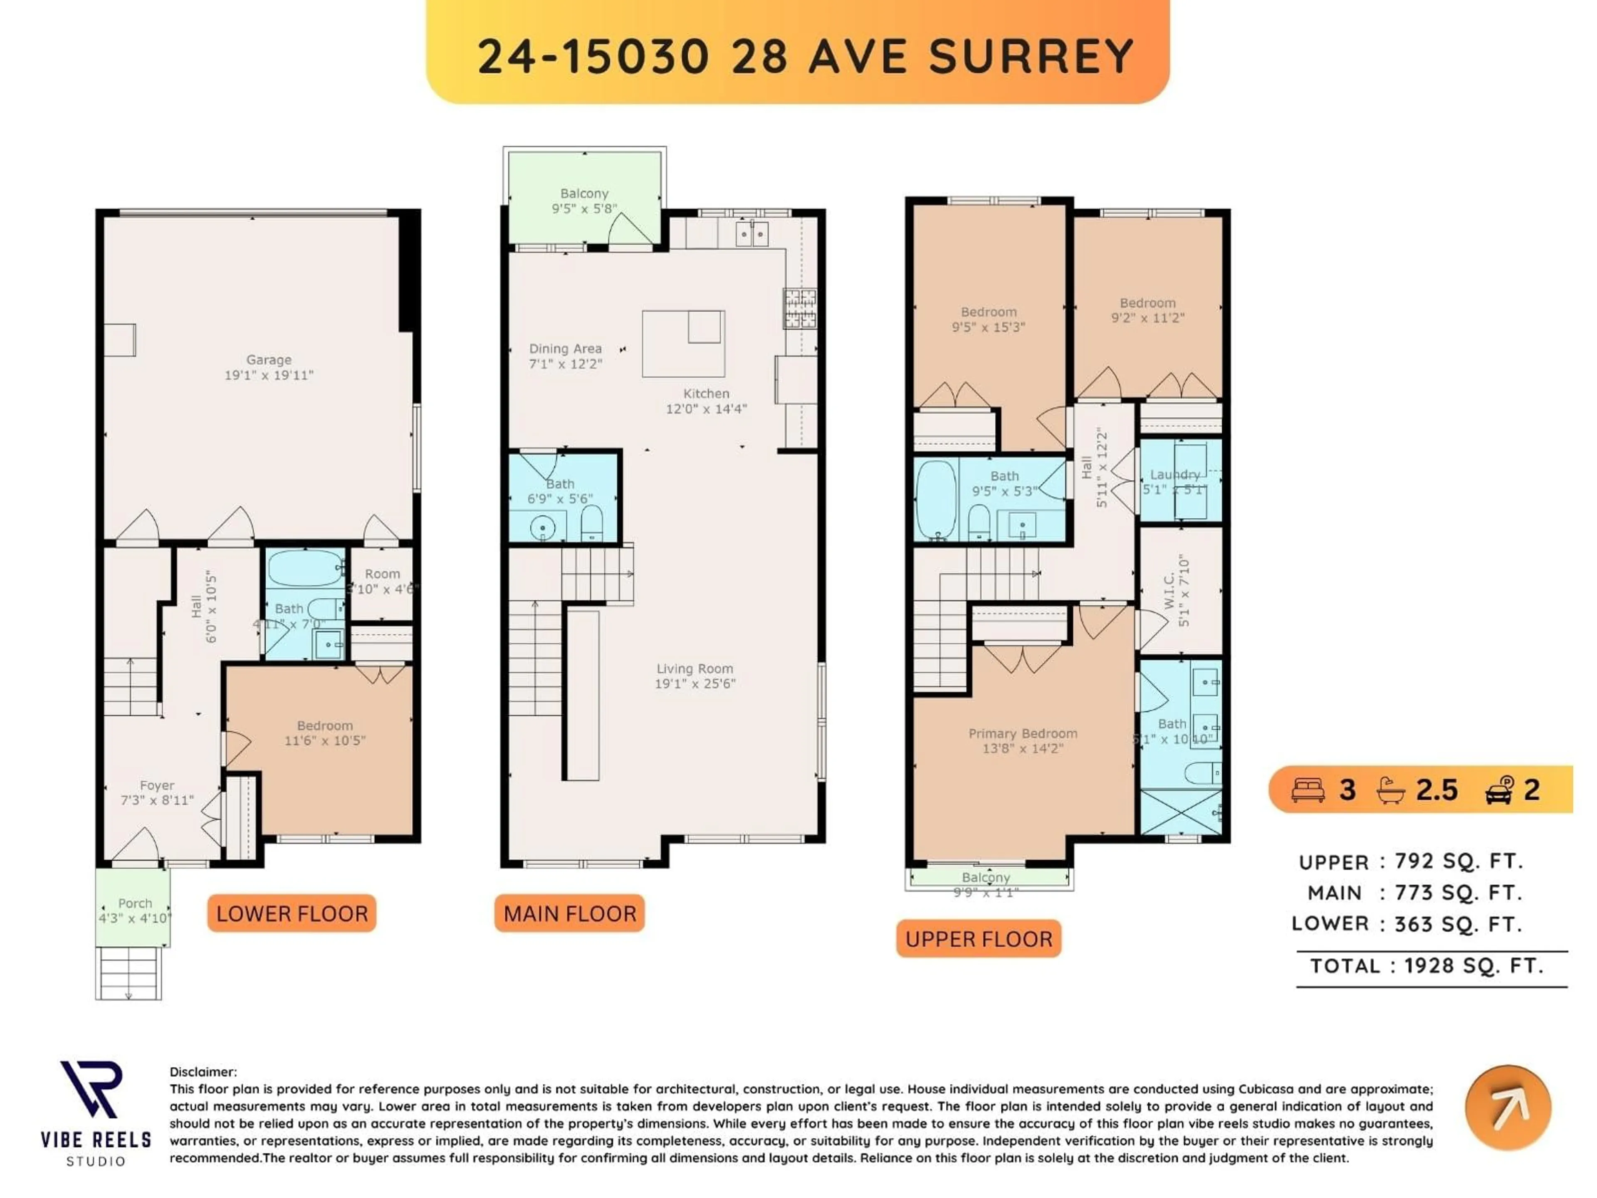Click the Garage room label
click(x=269, y=360)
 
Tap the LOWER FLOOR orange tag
click(x=292, y=913)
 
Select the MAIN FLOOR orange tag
click(x=570, y=913)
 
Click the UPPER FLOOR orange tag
click(x=978, y=939)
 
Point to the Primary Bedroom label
click(x=1022, y=733)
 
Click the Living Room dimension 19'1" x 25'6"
click(x=695, y=683)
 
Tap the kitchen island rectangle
click(x=683, y=344)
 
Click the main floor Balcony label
click(x=584, y=193)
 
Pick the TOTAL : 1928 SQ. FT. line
click(x=1426, y=965)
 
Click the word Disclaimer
click(x=203, y=1072)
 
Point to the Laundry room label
click(x=1174, y=475)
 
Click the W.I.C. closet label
click(x=1169, y=591)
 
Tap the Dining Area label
click(x=565, y=349)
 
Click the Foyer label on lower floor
click(x=157, y=785)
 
